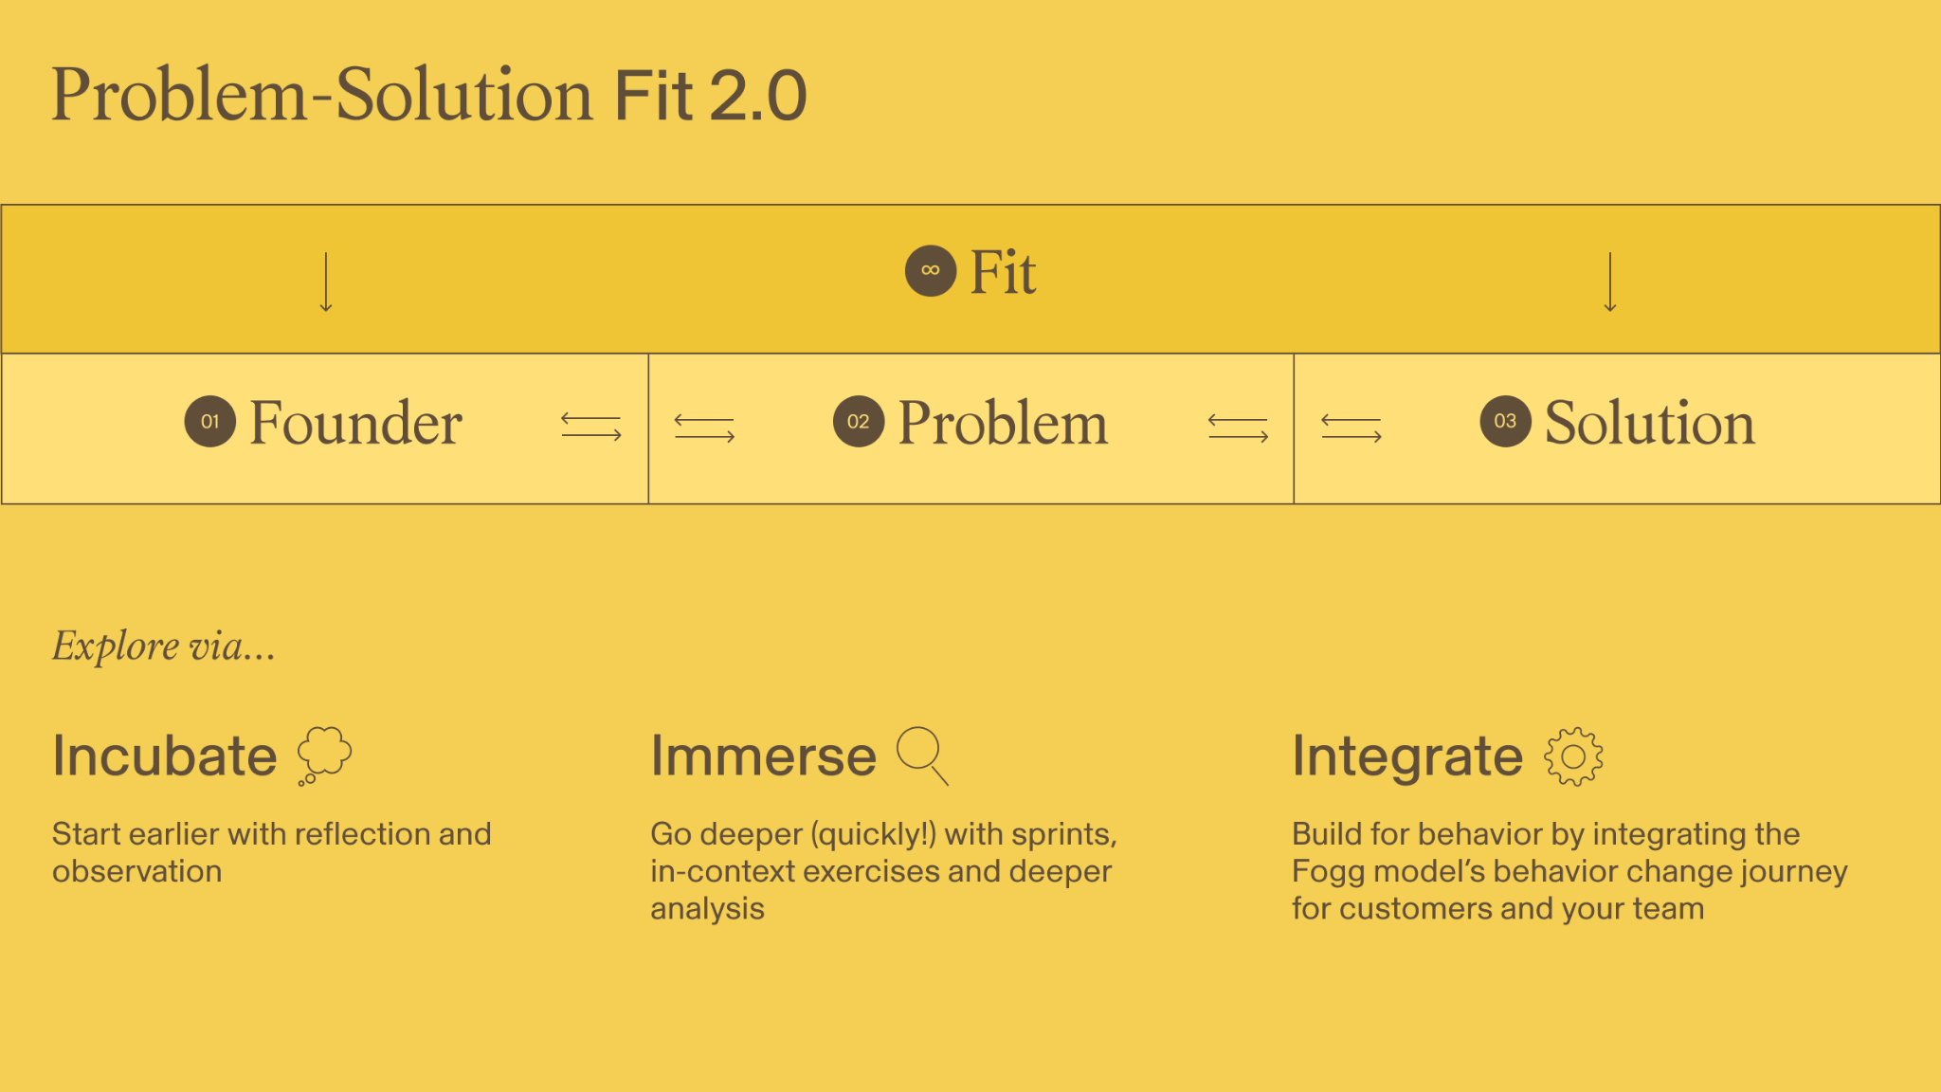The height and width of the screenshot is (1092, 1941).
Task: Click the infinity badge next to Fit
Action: coord(931,271)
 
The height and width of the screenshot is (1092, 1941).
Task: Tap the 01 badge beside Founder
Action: coord(210,422)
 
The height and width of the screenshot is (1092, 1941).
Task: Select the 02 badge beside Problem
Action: coord(859,422)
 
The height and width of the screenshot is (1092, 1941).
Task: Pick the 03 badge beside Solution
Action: coord(1506,422)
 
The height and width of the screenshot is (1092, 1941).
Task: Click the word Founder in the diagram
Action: coord(355,423)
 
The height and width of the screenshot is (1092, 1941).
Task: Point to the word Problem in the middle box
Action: coord(1003,423)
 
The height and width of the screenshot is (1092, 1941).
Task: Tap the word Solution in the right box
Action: coord(1650,423)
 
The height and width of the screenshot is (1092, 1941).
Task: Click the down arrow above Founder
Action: coord(326,282)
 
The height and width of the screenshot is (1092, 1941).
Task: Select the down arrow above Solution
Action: coord(1610,282)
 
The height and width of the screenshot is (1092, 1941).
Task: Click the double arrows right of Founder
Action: coord(591,428)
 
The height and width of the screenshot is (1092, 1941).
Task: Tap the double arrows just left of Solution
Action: coord(1351,428)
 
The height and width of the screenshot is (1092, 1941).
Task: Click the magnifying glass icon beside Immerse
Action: coord(922,755)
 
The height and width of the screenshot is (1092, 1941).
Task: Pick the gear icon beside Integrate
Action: coord(1573,756)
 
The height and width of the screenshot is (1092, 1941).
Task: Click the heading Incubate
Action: coord(165,756)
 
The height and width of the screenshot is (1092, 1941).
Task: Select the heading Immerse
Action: coord(764,756)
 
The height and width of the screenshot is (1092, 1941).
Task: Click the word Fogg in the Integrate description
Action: coord(1327,873)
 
